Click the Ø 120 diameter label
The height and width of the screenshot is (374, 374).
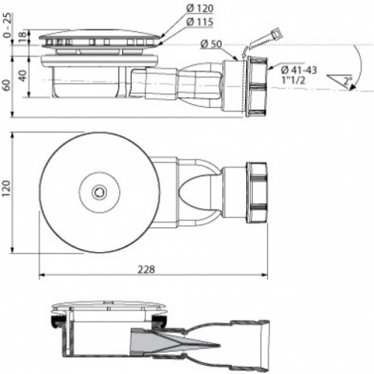(200, 9)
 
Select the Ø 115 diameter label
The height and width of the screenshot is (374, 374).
(200, 22)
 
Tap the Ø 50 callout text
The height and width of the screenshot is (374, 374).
(211, 44)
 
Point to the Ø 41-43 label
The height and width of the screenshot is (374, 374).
(299, 70)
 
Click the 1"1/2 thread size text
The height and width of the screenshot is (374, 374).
(293, 80)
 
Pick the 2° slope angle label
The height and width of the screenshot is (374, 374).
(348, 81)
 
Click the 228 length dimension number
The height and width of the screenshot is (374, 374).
(147, 269)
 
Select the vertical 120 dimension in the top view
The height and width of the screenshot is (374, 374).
(6, 188)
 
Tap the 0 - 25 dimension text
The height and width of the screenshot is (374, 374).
(7, 25)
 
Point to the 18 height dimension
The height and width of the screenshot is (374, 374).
(22, 37)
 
